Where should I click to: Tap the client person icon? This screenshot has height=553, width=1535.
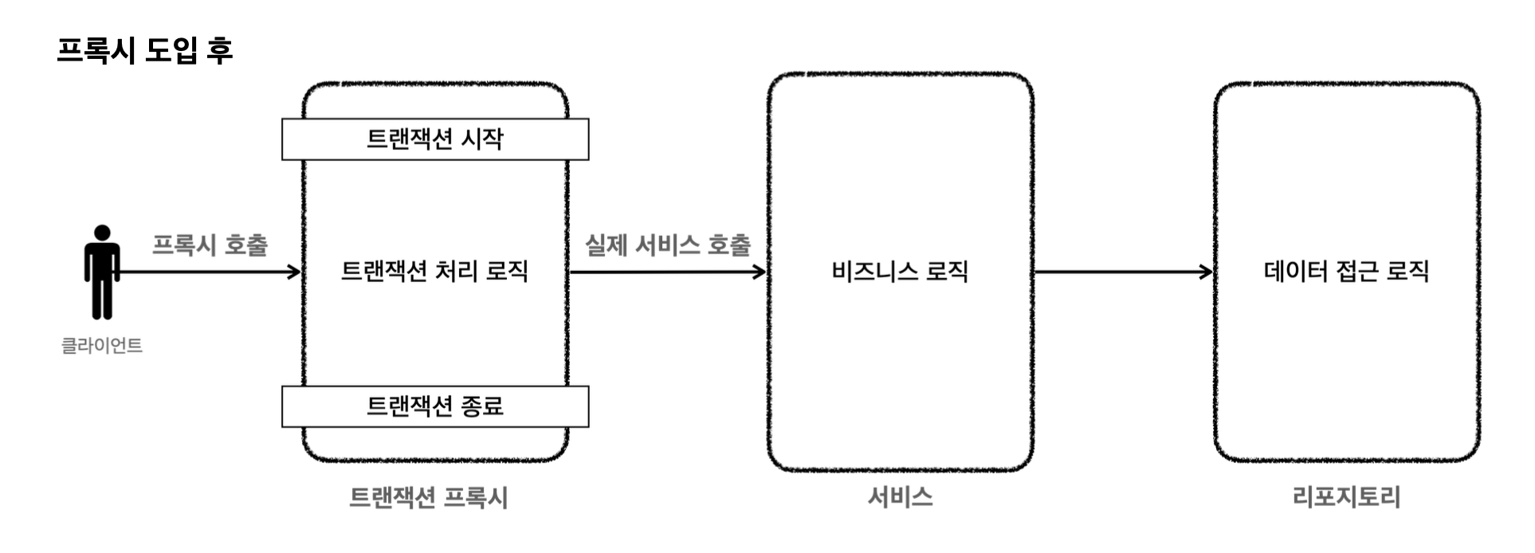(102, 273)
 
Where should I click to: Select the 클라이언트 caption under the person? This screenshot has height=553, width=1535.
(102, 346)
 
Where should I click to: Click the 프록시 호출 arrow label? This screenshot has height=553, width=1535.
(210, 245)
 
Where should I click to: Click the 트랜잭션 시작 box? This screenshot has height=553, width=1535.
(435, 139)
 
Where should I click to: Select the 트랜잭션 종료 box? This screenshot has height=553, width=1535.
(435, 406)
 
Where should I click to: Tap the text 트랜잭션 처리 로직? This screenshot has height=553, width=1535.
(435, 272)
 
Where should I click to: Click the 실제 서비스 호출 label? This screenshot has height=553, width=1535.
(668, 245)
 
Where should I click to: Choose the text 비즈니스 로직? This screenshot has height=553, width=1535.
(900, 272)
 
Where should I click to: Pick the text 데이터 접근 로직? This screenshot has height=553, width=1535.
(1346, 272)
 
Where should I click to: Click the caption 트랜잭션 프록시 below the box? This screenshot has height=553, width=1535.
(429, 498)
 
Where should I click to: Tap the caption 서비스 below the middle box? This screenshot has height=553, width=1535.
(900, 497)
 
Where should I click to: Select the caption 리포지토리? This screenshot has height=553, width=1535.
(1346, 497)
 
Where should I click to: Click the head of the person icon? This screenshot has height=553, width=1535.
(102, 233)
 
